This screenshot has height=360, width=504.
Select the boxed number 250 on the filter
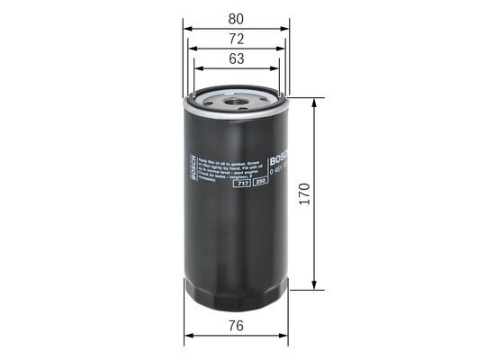pos(260,184)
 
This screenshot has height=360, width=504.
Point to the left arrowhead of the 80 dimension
pos(188,27)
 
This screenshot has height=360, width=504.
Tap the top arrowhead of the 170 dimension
pos(314,101)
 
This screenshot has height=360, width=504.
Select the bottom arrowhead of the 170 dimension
pos(314,289)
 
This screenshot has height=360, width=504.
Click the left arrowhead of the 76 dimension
pos(188,337)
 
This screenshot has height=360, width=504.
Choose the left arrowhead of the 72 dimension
pos(193,49)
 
